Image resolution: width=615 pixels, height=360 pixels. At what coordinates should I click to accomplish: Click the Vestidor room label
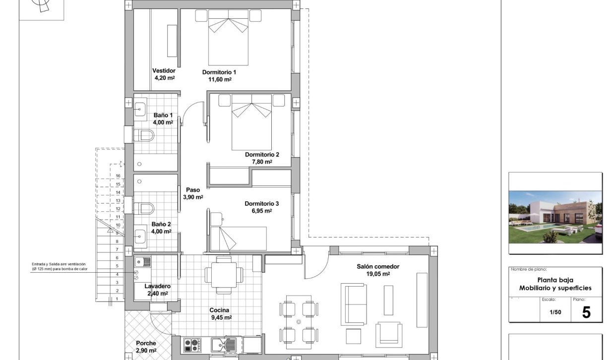coord(164,70)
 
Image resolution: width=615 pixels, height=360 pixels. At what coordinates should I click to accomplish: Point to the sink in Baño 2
coord(140,236)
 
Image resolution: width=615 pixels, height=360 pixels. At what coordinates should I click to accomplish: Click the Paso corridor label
coord(193,189)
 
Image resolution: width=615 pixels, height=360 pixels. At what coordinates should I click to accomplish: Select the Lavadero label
coord(157,286)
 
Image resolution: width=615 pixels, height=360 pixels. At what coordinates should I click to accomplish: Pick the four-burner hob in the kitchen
coord(191,344)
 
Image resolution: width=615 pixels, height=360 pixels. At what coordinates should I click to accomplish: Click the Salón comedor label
coord(378,266)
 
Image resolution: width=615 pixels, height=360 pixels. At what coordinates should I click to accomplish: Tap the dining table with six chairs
coord(299,321)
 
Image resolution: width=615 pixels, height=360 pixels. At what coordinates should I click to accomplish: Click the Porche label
coord(146,343)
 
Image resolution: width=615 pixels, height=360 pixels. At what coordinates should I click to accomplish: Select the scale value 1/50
coord(556,312)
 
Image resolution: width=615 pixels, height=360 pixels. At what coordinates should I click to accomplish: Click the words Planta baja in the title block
coord(555,280)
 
